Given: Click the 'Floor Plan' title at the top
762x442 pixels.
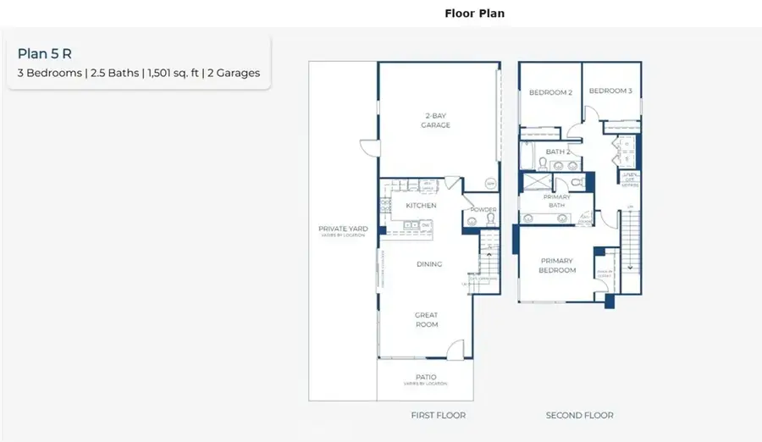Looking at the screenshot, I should tap(474, 14).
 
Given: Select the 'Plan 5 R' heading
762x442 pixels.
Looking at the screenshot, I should tap(43, 54).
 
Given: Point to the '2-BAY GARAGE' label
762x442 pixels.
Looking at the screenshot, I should tap(437, 120).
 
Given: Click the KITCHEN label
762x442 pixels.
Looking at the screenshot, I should tap(421, 206).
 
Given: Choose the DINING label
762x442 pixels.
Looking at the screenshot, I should tap(429, 264).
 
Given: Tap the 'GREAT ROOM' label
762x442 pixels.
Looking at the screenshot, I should tap(426, 319).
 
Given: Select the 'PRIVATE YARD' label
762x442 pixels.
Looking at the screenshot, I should tap(341, 230).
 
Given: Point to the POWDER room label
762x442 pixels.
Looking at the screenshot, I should tap(483, 209).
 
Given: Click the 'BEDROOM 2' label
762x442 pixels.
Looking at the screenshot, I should tap(550, 92).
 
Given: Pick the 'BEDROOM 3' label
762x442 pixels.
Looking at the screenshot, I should tap(610, 91).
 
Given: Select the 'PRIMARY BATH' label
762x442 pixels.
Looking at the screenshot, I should tap(556, 200).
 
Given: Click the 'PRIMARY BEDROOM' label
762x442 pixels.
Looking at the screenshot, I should tap(556, 266).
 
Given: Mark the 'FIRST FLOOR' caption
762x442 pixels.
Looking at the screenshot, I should tap(438, 415).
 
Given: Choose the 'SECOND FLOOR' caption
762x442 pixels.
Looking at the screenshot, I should tap(579, 415).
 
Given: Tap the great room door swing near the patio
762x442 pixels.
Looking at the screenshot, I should tap(456, 348).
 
